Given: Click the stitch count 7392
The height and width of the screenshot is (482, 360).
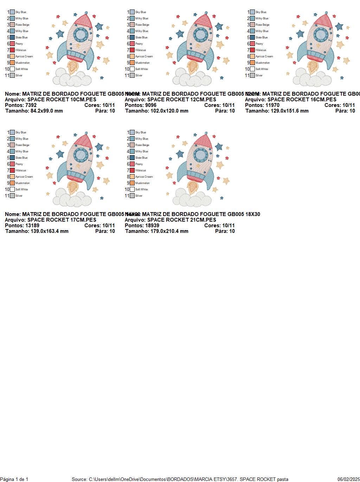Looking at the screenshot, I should [x=31, y=105].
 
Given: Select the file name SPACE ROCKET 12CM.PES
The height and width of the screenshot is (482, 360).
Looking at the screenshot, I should [x=182, y=100].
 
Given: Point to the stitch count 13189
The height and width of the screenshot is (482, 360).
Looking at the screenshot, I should [x=32, y=226].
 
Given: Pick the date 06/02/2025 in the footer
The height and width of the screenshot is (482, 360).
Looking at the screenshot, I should [x=348, y=479].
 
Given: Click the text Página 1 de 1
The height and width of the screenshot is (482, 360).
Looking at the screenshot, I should [x=14, y=479].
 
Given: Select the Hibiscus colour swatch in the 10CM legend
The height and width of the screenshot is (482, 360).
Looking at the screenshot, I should [x=12, y=50].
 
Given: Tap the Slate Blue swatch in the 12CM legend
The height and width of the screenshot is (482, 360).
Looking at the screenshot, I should [x=132, y=37].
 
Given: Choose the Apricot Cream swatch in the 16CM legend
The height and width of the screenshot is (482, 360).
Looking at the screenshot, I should [x=252, y=56].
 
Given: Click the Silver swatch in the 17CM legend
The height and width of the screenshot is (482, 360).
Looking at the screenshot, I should [x=12, y=196].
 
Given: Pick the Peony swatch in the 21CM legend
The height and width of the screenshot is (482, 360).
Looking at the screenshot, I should [x=132, y=164].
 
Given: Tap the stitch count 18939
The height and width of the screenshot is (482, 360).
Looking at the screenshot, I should [x=152, y=226].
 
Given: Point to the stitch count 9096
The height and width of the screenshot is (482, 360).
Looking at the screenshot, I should [x=151, y=105].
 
